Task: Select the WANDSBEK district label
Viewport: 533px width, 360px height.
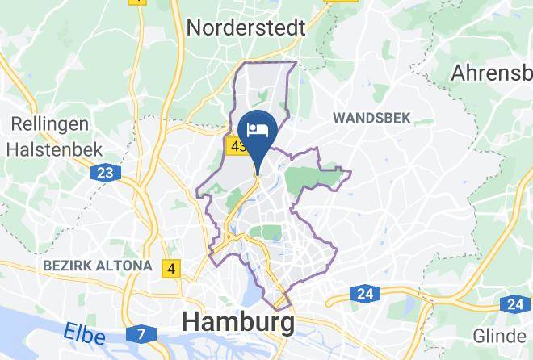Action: click(371, 118)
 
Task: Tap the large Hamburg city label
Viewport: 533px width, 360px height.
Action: click(238, 322)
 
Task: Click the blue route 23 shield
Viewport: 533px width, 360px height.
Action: click(104, 173)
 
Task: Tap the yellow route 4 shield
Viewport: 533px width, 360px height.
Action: click(171, 268)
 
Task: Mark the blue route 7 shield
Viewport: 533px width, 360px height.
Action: click(141, 333)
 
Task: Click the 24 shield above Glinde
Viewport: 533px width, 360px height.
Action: click(514, 304)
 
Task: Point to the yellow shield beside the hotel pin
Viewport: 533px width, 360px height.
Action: click(237, 147)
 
